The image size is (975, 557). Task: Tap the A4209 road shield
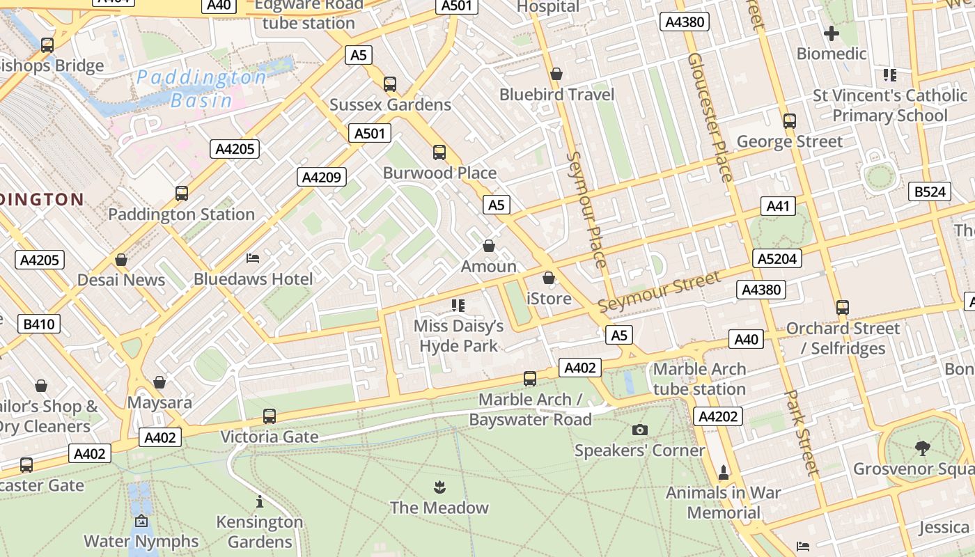[x=321, y=177]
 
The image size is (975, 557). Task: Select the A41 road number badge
[x=778, y=205]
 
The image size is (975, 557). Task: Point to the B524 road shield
[x=930, y=191]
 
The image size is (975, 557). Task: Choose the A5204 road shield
[x=777, y=259]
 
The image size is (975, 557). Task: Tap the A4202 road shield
[x=718, y=416]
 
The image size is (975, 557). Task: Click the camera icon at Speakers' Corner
[x=639, y=430]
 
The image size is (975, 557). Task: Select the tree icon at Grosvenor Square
[x=923, y=448]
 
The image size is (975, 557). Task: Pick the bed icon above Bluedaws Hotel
[x=253, y=258]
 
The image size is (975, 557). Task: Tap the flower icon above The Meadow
[x=439, y=486]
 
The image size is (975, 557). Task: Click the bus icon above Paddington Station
[x=182, y=194]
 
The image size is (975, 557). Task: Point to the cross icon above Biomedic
[x=831, y=33]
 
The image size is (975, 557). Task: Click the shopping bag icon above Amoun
[x=489, y=246]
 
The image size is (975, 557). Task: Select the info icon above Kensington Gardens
[x=260, y=501]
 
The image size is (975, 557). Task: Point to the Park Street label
[x=802, y=432]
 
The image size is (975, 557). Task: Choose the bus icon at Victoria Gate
[x=270, y=416]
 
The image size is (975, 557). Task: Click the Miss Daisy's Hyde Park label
[x=458, y=336]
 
